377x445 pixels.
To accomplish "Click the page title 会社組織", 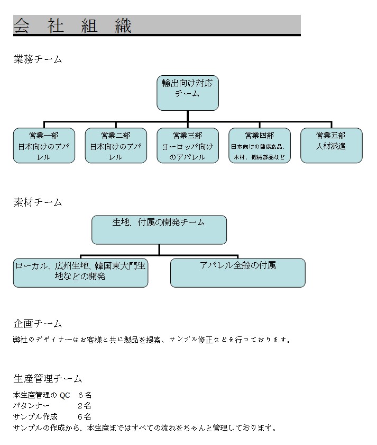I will pyautogui.click(x=72, y=25).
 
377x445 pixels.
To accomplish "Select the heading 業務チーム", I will pyautogui.click(x=38, y=59).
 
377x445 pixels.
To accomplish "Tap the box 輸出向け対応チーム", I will pyautogui.click(x=188, y=93).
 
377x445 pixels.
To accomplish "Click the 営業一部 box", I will pyautogui.click(x=44, y=146).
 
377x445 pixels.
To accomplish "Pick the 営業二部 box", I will pyautogui.click(x=116, y=146).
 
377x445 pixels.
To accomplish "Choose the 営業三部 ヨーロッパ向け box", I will pyautogui.click(x=188, y=146).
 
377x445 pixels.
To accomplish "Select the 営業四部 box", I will pyautogui.click(x=260, y=146).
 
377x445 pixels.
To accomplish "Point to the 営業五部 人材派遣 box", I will pyautogui.click(x=332, y=146).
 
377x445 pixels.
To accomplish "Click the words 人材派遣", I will pyautogui.click(x=331, y=146).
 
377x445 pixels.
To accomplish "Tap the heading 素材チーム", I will pyautogui.click(x=38, y=202).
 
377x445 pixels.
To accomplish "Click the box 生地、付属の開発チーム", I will pyautogui.click(x=159, y=229).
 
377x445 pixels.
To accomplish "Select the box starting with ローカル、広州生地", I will pyautogui.click(x=80, y=272).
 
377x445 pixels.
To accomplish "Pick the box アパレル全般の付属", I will pyautogui.click(x=238, y=272).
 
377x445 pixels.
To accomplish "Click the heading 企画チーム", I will pyautogui.click(x=38, y=324).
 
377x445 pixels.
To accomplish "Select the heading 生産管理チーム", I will pyautogui.click(x=48, y=379).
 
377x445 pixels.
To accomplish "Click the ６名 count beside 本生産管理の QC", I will pyautogui.click(x=85, y=395).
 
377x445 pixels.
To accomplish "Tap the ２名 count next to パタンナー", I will pyautogui.click(x=85, y=406).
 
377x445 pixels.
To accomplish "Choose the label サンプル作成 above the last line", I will pyautogui.click(x=35, y=417).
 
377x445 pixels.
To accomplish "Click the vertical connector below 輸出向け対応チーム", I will pyautogui.click(x=188, y=116).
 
